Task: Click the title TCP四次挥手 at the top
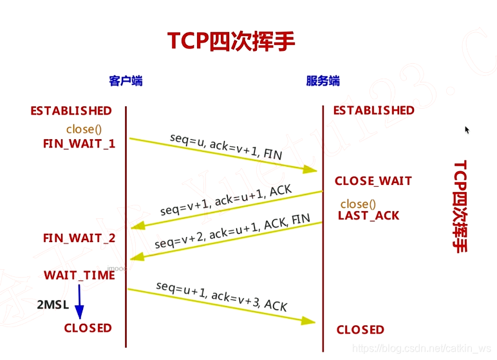tap(232, 41)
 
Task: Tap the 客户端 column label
tap(126, 81)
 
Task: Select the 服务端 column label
tap(323, 81)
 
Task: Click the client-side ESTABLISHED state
tap(71, 111)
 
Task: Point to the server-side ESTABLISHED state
tap(373, 110)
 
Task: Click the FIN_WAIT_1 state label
tap(79, 144)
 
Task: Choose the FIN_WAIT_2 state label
tap(79, 238)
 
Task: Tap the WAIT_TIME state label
tap(79, 275)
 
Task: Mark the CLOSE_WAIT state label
tap(373, 181)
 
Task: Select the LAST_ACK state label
tap(368, 216)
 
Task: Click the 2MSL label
tap(53, 305)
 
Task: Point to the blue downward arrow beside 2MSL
tap(79, 302)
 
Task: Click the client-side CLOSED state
tap(88, 328)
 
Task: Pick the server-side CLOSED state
tap(360, 330)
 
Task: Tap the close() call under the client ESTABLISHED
tap(84, 129)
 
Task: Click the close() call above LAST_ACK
tap(358, 204)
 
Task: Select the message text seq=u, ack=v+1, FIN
tap(226, 147)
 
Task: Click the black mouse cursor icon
tap(467, 130)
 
